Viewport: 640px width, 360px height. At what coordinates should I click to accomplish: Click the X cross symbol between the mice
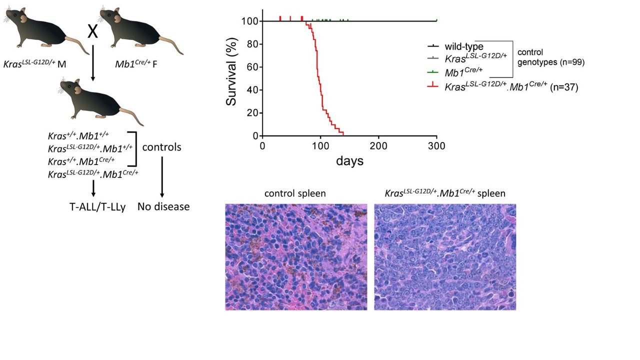click(x=92, y=31)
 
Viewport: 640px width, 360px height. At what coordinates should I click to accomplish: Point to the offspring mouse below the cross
click(x=100, y=100)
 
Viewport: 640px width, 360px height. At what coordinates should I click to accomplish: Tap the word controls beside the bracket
click(x=161, y=147)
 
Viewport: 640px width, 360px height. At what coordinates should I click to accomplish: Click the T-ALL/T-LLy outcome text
click(x=97, y=206)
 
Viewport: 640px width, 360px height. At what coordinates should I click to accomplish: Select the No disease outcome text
click(x=163, y=206)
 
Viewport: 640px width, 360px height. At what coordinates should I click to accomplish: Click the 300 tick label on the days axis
click(x=436, y=146)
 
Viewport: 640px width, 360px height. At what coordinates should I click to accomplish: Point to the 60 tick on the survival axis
click(x=253, y=67)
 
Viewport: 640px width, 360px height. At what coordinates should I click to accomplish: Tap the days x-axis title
click(x=349, y=161)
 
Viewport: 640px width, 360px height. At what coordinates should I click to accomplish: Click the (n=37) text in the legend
click(x=564, y=87)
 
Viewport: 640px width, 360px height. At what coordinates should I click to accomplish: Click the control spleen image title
click(x=295, y=193)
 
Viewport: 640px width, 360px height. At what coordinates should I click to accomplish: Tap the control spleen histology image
click(x=296, y=256)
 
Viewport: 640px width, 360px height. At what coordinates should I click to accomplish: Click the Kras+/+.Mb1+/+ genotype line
click(x=78, y=136)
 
